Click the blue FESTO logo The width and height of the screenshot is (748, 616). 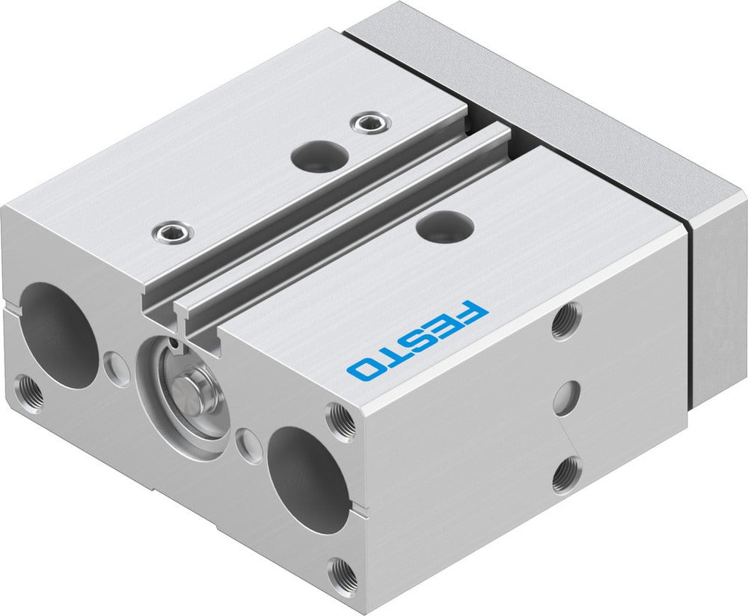[417, 340]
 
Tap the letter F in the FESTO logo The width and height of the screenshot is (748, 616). [469, 312]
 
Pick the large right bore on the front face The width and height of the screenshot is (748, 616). [308, 479]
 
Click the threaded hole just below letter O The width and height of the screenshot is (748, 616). [342, 420]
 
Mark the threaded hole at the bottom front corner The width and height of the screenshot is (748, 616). [343, 574]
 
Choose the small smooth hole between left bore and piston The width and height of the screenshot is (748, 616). [117, 366]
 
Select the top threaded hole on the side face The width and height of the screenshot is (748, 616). [566, 320]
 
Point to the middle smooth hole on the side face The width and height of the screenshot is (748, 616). [567, 398]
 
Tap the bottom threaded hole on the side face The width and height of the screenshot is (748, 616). [567, 474]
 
